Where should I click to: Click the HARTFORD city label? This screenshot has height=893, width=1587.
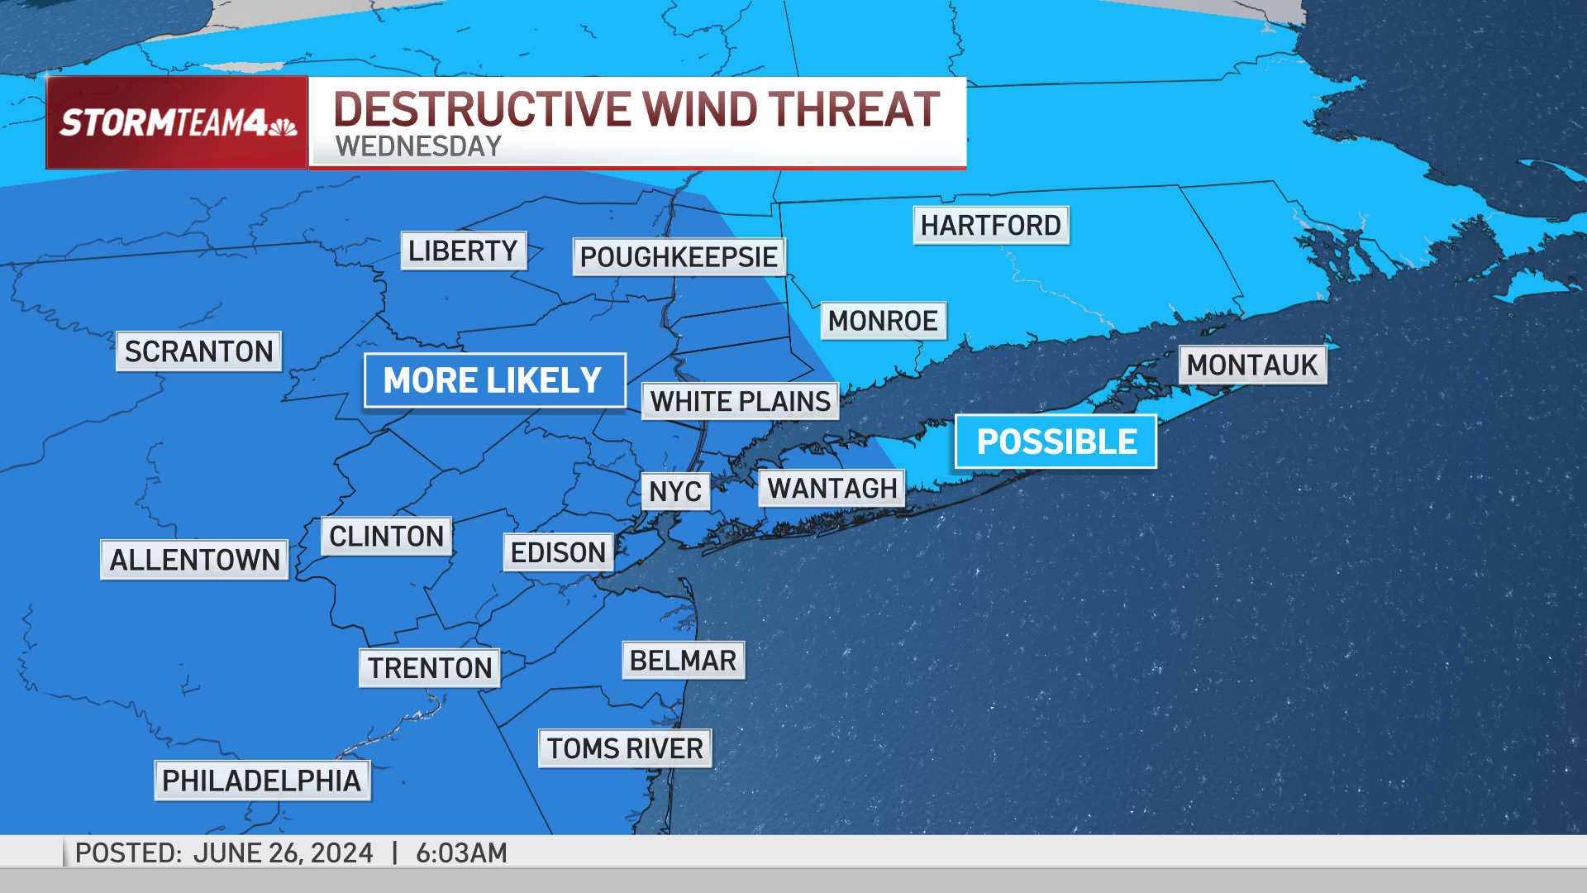(990, 225)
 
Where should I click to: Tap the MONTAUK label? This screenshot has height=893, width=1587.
(1251, 365)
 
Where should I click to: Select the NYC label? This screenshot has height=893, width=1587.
(675, 491)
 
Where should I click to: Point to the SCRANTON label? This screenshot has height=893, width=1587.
(198, 351)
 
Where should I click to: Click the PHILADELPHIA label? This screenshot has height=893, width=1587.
(262, 781)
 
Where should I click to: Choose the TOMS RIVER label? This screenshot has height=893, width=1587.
(625, 748)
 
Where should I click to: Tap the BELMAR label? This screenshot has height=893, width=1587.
(683, 661)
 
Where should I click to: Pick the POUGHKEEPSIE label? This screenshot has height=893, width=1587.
(679, 257)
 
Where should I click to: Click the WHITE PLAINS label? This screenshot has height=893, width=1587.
(740, 401)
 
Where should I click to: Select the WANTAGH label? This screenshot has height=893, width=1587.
(832, 488)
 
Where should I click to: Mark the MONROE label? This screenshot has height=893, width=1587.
(883, 321)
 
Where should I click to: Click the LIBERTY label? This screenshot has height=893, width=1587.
(463, 251)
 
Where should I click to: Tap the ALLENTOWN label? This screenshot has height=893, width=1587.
(194, 560)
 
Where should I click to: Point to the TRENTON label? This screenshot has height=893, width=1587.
(429, 668)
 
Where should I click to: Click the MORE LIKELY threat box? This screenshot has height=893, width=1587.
(494, 380)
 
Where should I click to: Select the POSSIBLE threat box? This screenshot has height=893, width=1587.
(1056, 442)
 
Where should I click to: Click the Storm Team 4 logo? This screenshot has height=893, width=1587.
(178, 123)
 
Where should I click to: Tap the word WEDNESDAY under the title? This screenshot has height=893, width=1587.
(418, 146)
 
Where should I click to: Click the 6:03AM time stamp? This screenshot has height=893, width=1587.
(461, 852)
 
